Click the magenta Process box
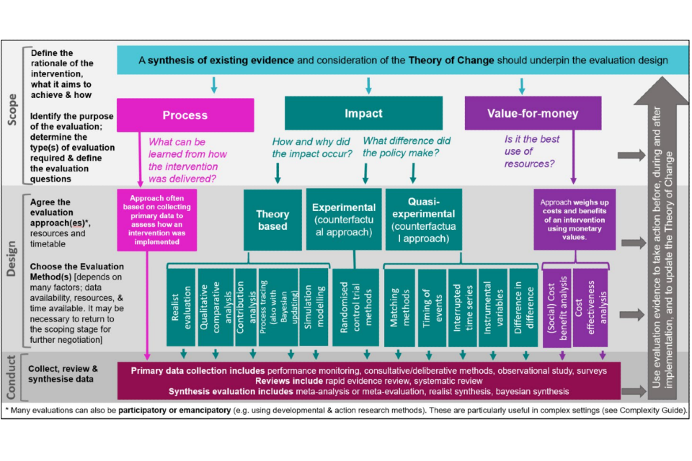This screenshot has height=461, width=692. tap(185, 115)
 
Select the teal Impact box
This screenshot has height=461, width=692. tap(363, 114)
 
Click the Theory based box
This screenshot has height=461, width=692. tap(272, 220)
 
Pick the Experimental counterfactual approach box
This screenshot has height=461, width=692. tap(344, 220)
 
